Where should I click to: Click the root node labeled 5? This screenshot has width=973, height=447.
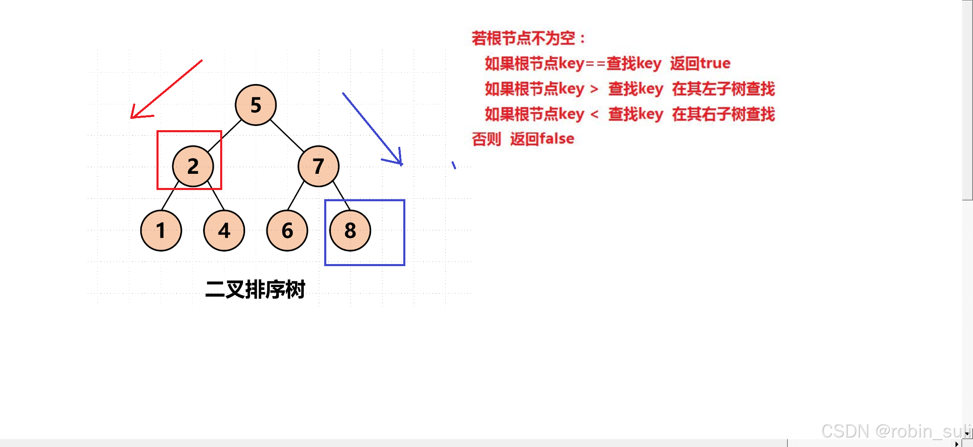tap(256, 105)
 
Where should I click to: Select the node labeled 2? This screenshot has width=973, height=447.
tap(193, 166)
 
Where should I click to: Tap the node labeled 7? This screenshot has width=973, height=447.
tap(318, 166)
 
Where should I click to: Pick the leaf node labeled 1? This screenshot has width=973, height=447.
tap(161, 230)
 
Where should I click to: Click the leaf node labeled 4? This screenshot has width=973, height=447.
tap(224, 230)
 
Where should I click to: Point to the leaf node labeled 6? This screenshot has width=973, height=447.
tap(287, 230)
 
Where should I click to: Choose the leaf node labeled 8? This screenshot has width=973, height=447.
tap(350, 230)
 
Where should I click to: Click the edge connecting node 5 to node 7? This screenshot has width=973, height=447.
tap(287, 136)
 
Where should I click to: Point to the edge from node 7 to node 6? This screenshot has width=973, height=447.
tap(295, 195)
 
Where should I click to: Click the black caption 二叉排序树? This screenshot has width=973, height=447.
tap(255, 289)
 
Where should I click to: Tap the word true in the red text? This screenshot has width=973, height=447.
tap(715, 63)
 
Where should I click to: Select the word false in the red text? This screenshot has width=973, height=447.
tap(557, 138)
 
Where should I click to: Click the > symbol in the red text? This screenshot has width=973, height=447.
tap(594, 89)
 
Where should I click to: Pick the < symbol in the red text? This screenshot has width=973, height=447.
tap(594, 114)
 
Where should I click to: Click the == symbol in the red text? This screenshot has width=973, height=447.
tap(595, 64)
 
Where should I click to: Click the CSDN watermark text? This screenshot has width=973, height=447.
tap(895, 431)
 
